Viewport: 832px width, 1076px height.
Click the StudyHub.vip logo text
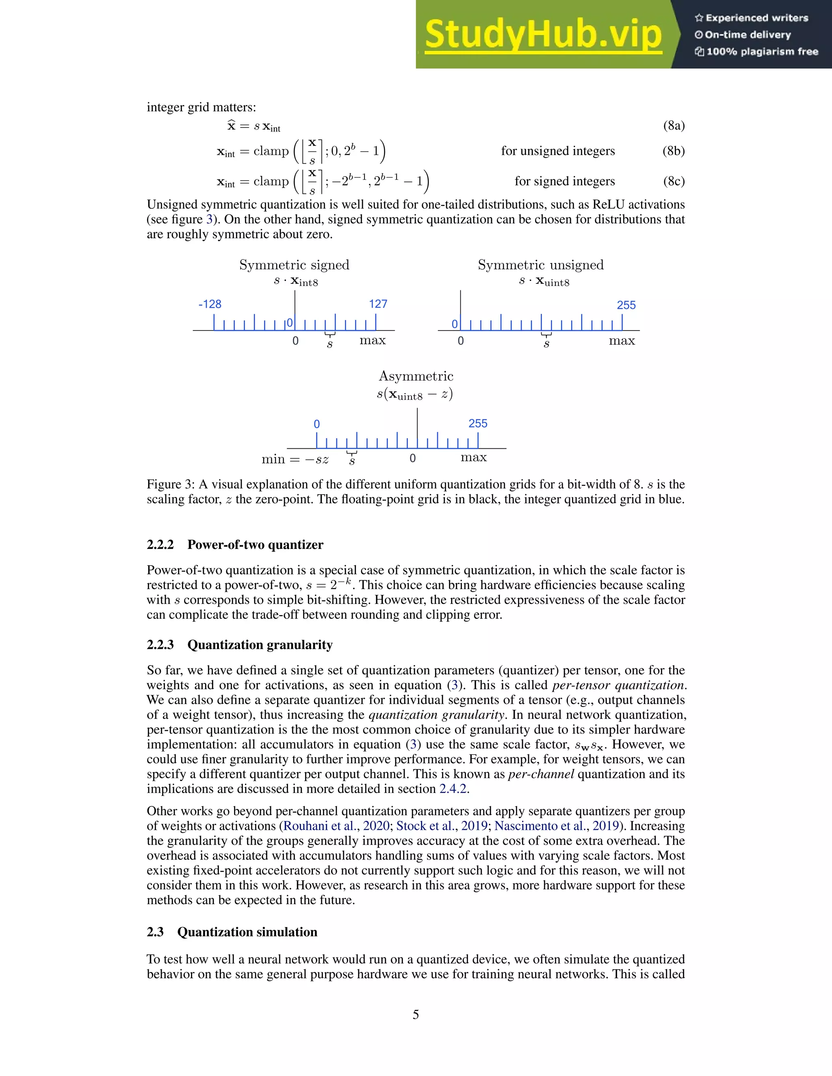pyautogui.click(x=543, y=35)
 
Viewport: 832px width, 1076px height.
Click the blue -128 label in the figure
pyautogui.click(x=210, y=304)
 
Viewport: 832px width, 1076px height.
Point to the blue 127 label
pyautogui.click(x=378, y=304)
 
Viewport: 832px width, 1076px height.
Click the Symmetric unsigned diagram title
pyautogui.click(x=540, y=265)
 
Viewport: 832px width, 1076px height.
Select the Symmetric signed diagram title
pyautogui.click(x=294, y=265)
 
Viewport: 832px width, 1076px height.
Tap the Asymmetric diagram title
pyautogui.click(x=416, y=376)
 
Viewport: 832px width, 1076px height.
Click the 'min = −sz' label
pyautogui.click(x=295, y=459)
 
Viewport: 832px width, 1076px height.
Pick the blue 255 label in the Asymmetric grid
pyautogui.click(x=478, y=423)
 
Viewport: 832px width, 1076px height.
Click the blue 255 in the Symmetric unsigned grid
pyautogui.click(x=626, y=305)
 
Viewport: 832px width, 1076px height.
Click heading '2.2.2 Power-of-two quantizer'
pyautogui.click(x=235, y=544)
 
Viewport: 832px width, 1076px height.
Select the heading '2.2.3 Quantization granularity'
pyautogui.click(x=240, y=644)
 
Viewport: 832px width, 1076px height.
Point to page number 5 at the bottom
pyautogui.click(x=416, y=1014)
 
